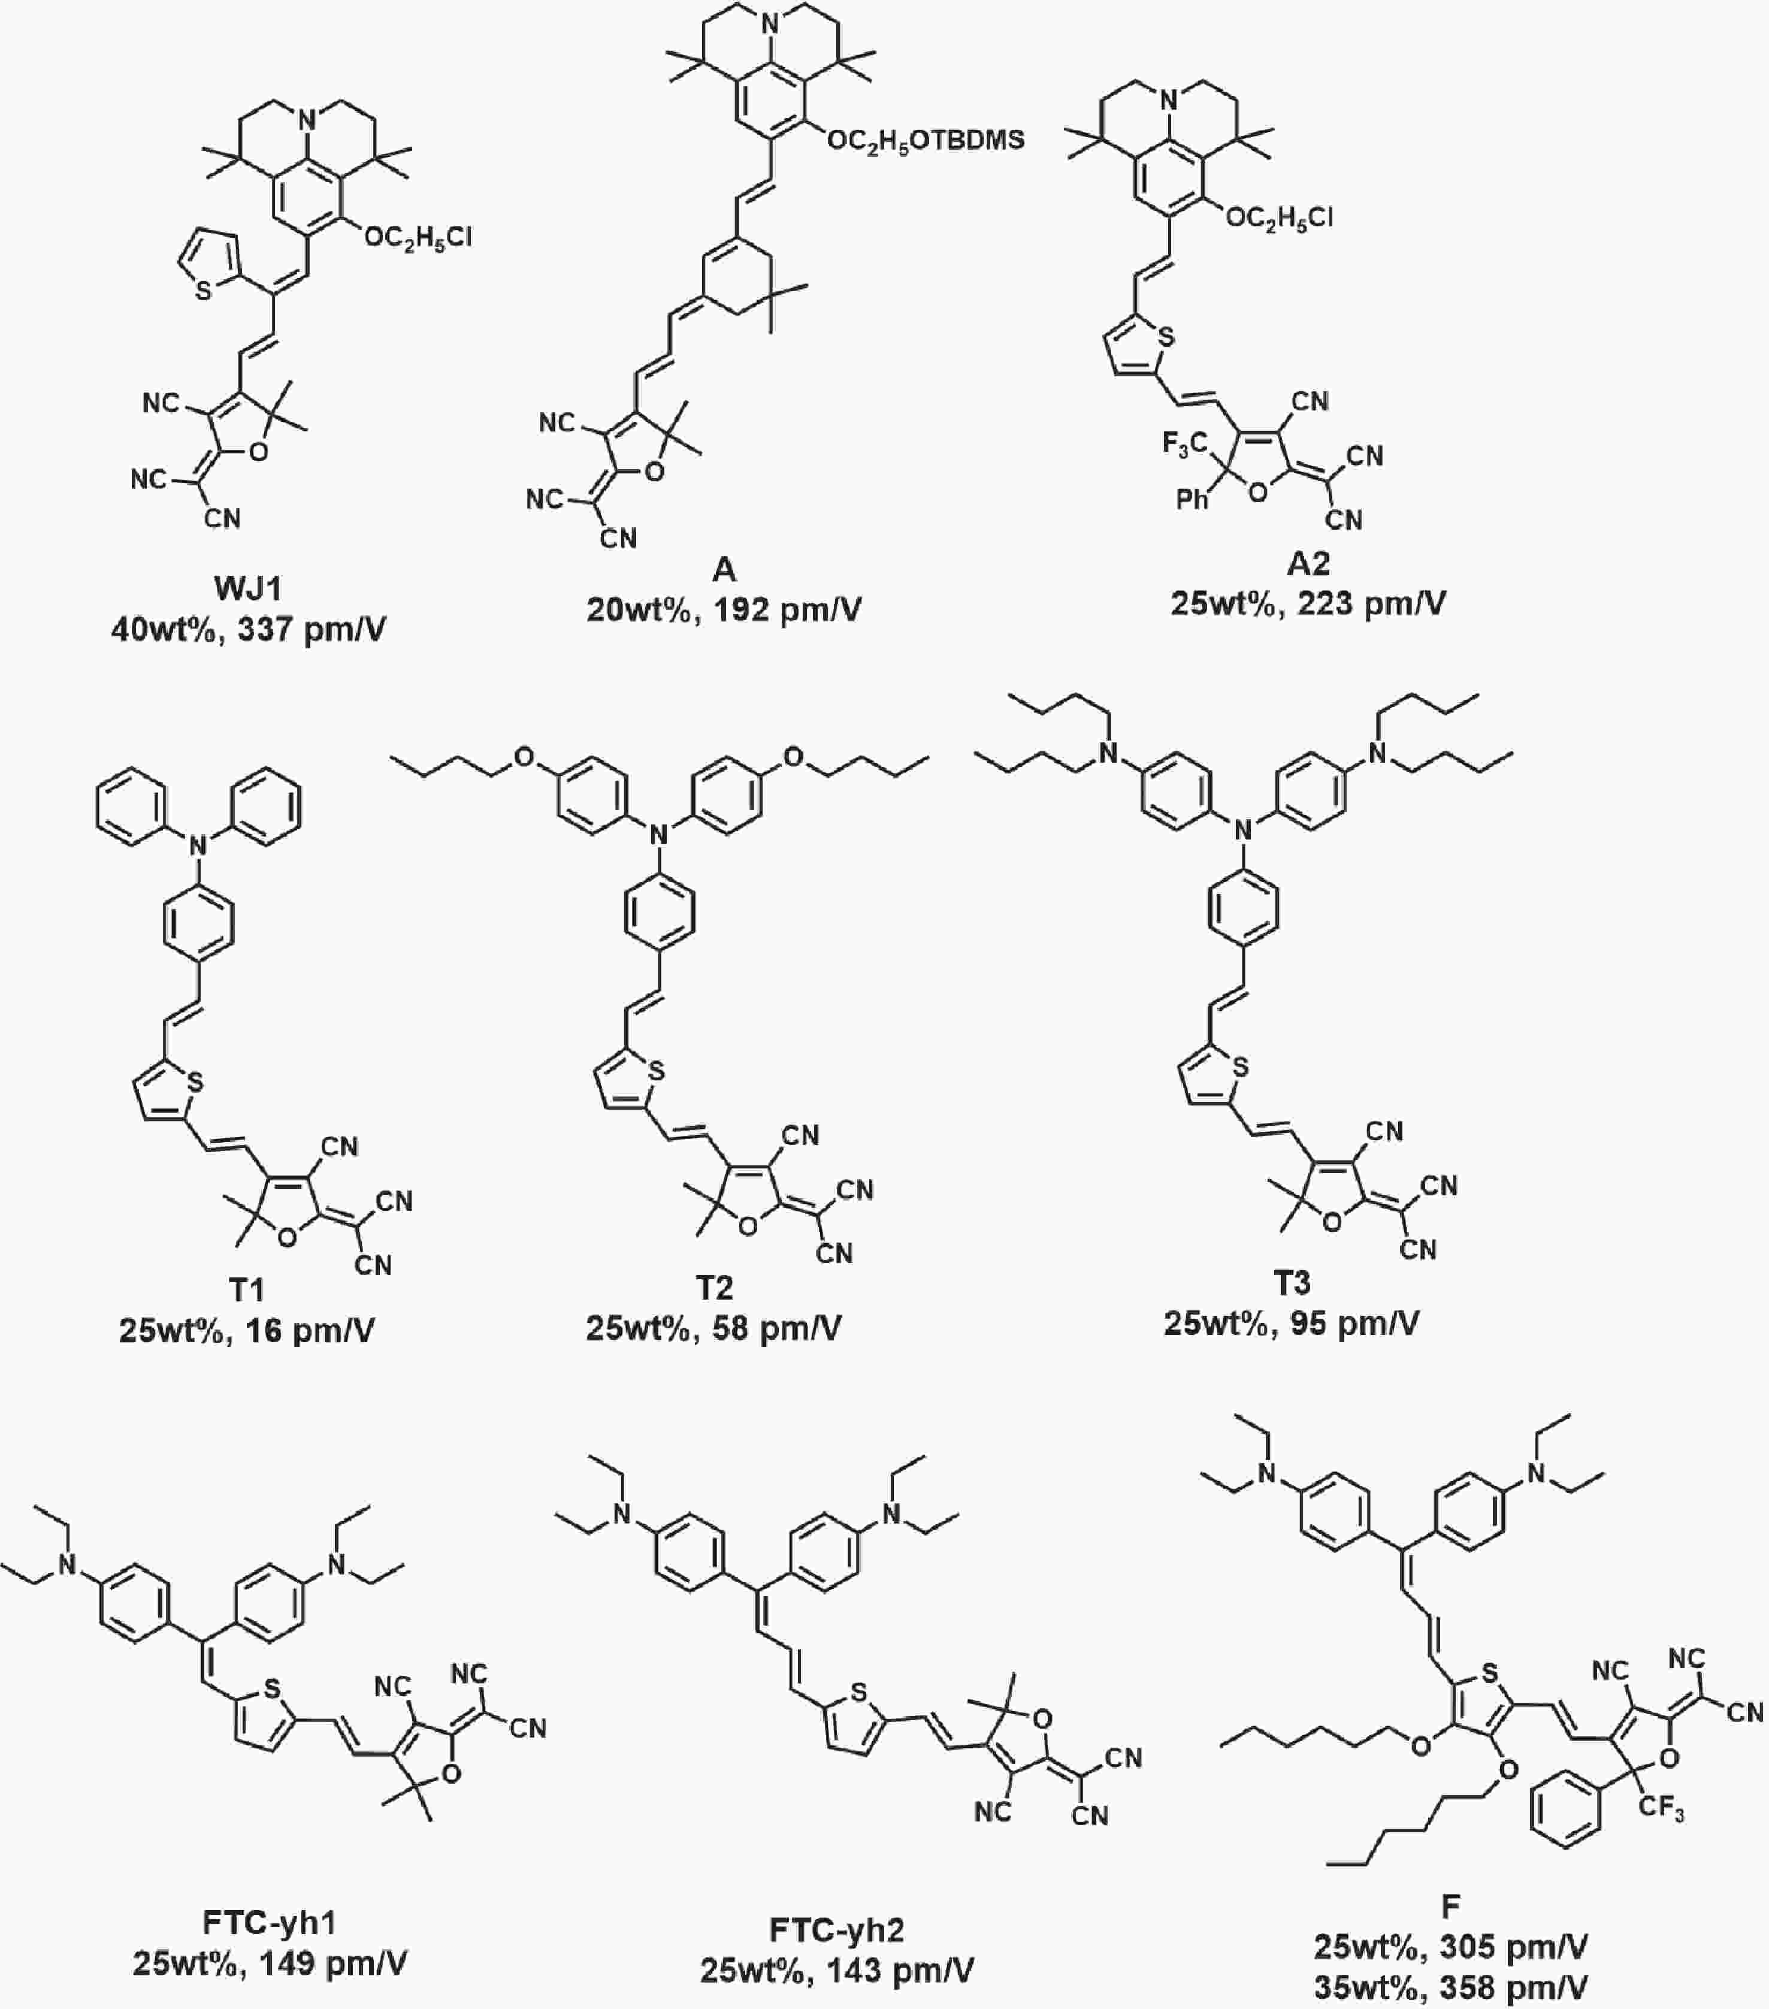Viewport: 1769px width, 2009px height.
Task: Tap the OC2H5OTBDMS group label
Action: pyautogui.click(x=926, y=141)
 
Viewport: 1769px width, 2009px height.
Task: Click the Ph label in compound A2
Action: pyautogui.click(x=1192, y=499)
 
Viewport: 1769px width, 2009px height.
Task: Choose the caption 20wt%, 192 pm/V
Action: pyautogui.click(x=724, y=609)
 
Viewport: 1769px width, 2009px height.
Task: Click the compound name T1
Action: pyautogui.click(x=247, y=1289)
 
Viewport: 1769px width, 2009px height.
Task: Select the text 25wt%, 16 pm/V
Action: pyautogui.click(x=247, y=1331)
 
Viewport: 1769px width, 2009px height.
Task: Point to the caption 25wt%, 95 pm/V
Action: pyautogui.click(x=1292, y=1323)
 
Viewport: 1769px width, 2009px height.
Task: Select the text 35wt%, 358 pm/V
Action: pyautogui.click(x=1450, y=1987)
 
